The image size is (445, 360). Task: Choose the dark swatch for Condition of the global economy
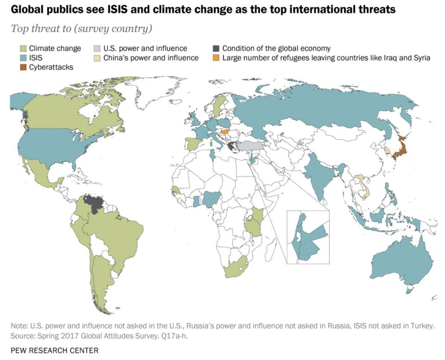216,48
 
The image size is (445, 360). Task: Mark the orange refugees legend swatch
216,58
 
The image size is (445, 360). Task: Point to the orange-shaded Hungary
225,131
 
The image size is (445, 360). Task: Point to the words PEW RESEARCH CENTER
54,349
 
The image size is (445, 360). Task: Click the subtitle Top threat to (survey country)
81,29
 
